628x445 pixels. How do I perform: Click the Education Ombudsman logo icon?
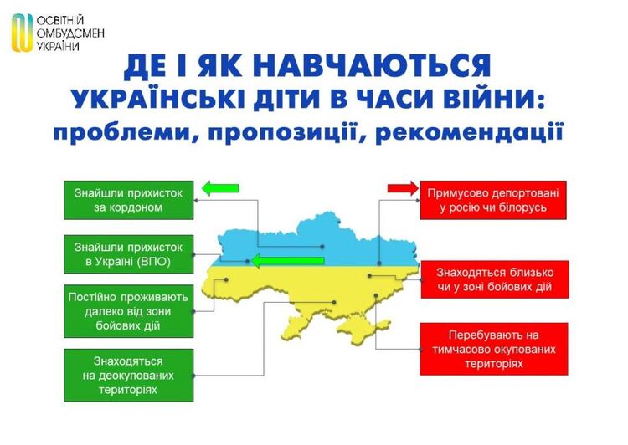23,33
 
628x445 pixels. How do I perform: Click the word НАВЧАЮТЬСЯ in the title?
372,65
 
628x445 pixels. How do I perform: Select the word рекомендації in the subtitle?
470,132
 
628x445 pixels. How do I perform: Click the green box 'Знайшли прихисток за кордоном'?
129,200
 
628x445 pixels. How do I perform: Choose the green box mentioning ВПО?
129,254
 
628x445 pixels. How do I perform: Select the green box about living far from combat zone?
129,311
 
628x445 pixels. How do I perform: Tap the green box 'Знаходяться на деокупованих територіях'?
129,376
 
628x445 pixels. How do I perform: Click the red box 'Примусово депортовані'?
493,200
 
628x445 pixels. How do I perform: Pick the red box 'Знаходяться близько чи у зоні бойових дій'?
495,279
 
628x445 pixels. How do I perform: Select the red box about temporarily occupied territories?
494,349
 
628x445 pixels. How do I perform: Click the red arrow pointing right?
403,188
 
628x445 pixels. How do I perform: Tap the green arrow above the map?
220,188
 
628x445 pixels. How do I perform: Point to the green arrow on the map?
288,261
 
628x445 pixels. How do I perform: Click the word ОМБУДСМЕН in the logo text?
70,33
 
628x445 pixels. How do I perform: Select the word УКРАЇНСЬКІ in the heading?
157,99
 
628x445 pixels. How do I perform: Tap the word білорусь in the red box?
522,207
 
